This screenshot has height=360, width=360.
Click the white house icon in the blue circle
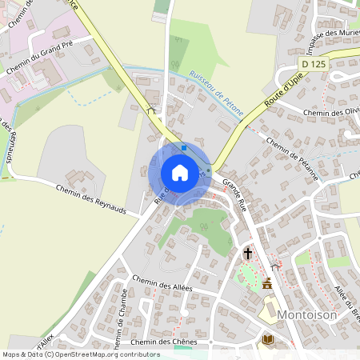click(x=179, y=172)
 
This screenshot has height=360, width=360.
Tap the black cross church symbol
click(x=248, y=254)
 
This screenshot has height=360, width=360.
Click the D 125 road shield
click(x=314, y=61)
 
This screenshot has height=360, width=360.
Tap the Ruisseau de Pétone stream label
click(x=215, y=90)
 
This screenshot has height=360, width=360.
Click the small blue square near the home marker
click(x=184, y=147)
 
